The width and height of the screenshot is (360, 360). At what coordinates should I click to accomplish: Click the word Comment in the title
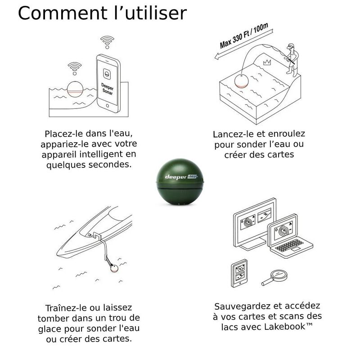click(x=63, y=13)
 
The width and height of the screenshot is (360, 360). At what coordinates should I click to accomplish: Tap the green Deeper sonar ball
click(x=180, y=182)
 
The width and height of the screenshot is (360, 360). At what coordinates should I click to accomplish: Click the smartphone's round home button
click(x=108, y=106)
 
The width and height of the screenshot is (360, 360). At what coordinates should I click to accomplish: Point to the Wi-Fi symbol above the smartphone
click(x=107, y=42)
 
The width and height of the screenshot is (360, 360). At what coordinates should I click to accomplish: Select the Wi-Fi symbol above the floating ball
click(x=75, y=68)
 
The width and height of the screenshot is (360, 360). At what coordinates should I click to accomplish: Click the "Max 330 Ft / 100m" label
click(x=244, y=36)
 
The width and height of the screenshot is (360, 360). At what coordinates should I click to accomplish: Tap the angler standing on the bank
click(x=292, y=60)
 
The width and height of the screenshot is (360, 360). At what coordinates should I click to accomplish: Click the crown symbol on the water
click(x=267, y=62)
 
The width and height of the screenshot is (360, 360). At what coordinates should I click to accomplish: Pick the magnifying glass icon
click(x=274, y=277)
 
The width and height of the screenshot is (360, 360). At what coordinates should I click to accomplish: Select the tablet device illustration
click(x=239, y=274)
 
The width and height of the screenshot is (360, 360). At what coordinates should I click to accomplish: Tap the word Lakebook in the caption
click(x=285, y=327)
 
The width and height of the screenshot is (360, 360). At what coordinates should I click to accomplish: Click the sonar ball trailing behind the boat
click(x=114, y=268)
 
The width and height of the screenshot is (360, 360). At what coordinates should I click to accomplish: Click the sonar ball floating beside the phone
click(x=75, y=90)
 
